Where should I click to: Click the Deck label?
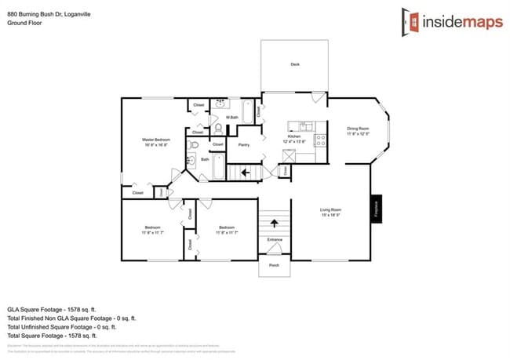click(294, 64)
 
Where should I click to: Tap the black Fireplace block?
click(376, 209)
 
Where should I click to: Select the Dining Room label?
click(357, 129)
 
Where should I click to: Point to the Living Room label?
click(330, 209)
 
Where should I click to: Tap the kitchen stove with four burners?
click(320, 141)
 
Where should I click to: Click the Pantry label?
click(243, 144)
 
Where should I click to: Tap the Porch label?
click(275, 265)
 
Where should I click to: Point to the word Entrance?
click(275, 239)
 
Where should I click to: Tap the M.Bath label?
click(231, 118)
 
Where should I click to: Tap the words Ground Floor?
click(25, 24)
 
